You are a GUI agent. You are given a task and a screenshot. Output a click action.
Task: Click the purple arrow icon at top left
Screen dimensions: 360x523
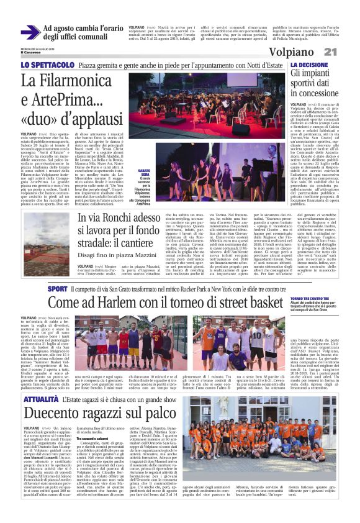click(30, 32)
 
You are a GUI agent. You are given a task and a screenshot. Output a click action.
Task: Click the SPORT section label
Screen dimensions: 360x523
click(56, 289)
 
